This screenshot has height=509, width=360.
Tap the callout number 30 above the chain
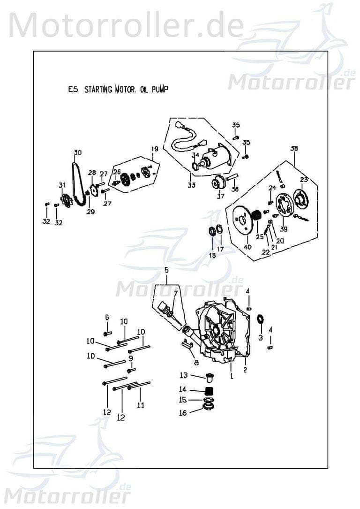[77, 152]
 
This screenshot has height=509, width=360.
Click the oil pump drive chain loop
[78, 183]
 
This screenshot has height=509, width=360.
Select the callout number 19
[154, 149]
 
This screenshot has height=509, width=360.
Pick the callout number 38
[294, 148]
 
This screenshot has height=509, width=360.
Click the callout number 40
[247, 247]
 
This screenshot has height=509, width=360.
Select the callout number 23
[304, 179]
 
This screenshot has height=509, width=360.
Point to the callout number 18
[212, 255]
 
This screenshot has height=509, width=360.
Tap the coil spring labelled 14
[210, 391]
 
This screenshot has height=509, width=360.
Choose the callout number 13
[183, 375]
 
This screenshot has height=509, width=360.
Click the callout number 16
[183, 413]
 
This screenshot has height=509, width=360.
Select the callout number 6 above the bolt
[107, 318]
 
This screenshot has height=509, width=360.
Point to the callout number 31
[62, 186]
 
